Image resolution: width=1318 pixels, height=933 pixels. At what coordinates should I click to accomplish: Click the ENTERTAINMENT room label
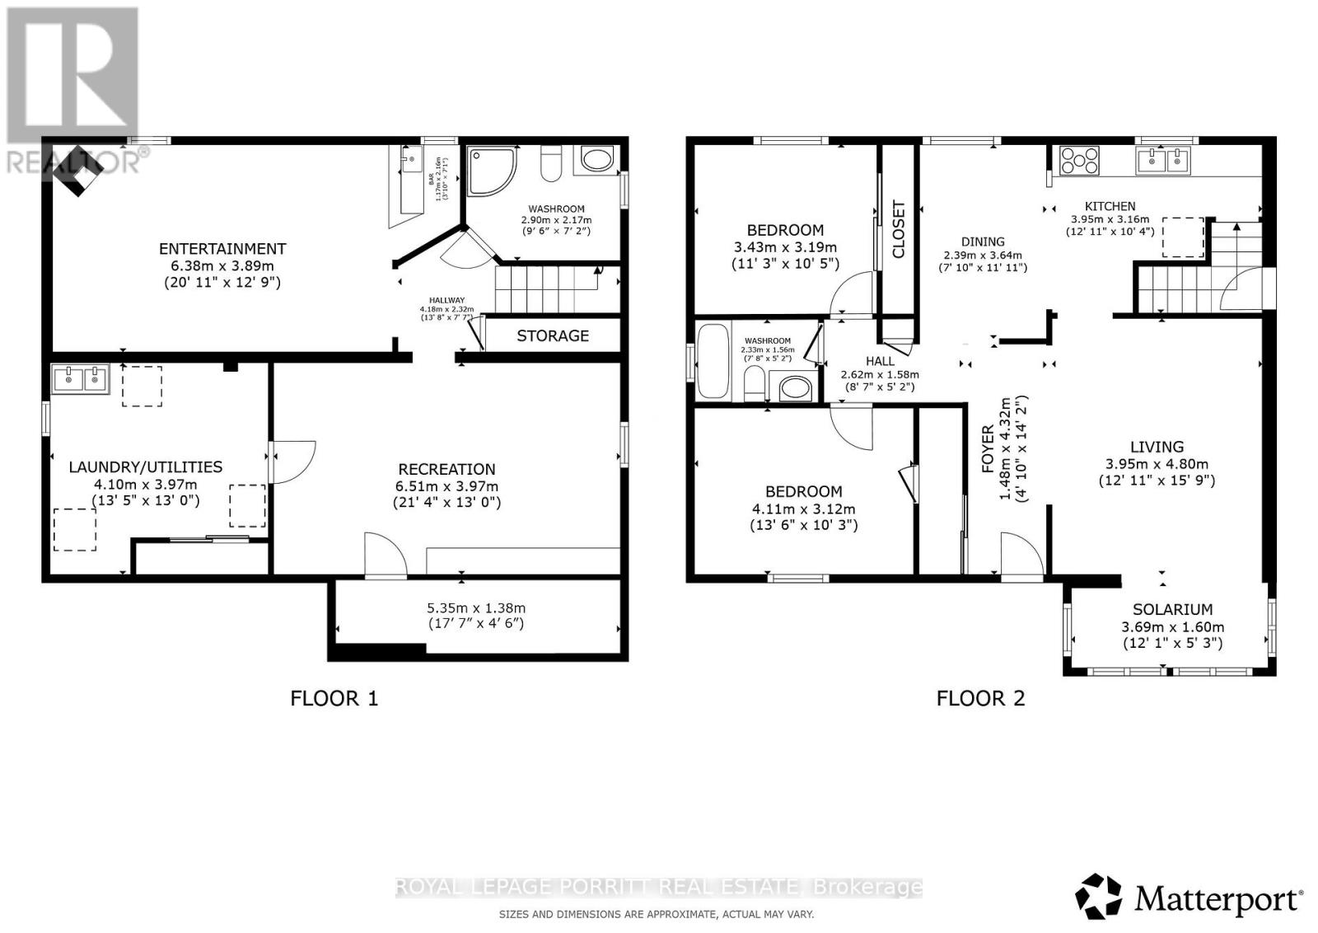(x=222, y=248)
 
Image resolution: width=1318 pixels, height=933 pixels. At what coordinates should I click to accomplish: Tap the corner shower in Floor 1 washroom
(x=491, y=171)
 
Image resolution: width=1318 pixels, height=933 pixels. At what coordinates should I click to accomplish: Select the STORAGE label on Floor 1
(x=553, y=335)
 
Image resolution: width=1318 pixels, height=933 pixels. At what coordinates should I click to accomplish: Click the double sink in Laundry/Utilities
(x=81, y=380)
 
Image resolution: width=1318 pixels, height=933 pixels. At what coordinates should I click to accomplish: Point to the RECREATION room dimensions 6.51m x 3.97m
(x=446, y=486)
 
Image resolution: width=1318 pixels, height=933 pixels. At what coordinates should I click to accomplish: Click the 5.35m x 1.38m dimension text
(x=475, y=608)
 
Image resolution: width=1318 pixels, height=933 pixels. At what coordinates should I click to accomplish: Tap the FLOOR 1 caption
(x=334, y=699)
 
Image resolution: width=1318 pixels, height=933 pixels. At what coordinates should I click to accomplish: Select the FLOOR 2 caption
(x=980, y=699)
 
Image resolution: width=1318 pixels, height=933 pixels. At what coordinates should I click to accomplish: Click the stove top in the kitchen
(x=1079, y=161)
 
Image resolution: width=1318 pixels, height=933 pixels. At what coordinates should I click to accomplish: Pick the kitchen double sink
(x=1164, y=160)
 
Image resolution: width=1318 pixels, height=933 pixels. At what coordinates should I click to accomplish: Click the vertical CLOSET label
(x=898, y=229)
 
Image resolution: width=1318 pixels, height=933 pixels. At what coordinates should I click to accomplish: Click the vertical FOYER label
(x=988, y=450)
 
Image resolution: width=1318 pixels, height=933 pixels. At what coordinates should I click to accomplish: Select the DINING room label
(x=983, y=241)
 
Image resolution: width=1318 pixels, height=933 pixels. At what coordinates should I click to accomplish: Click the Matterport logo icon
(x=1099, y=897)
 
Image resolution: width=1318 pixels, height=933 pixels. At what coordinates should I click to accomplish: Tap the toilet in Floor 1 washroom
(x=550, y=163)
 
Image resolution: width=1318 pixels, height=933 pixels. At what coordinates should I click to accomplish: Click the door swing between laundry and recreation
(x=292, y=462)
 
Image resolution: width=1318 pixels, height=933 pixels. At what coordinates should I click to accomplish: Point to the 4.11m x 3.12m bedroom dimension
(x=803, y=509)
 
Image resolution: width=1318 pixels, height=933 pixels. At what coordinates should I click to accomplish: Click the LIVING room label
(x=1157, y=447)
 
